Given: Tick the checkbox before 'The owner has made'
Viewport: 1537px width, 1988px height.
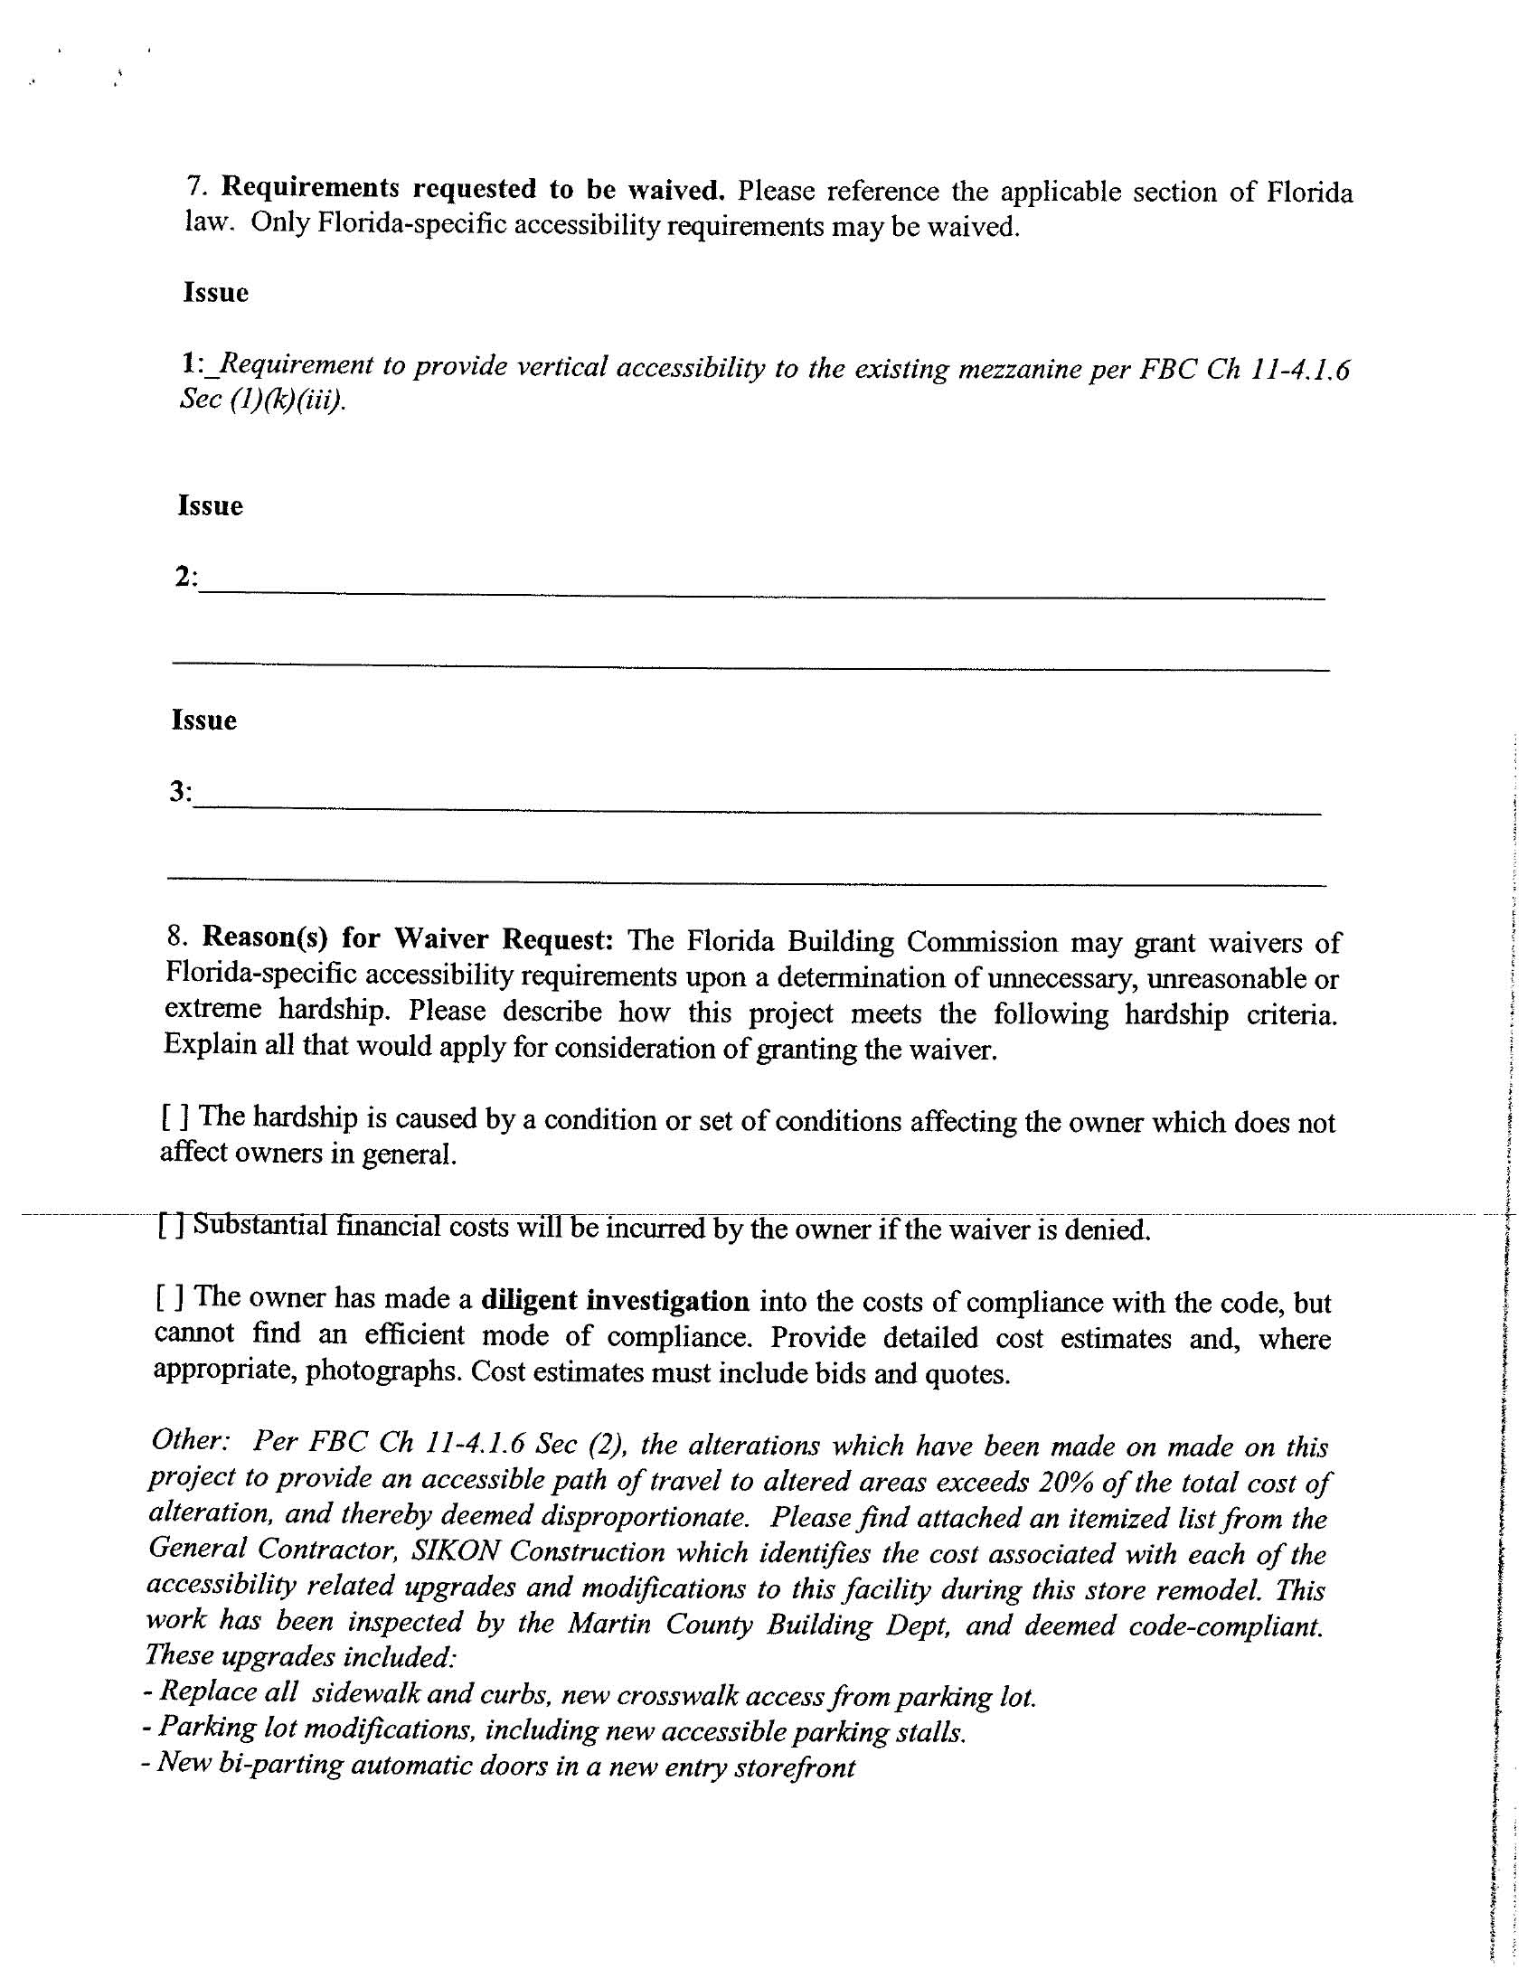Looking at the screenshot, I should pos(169,1296).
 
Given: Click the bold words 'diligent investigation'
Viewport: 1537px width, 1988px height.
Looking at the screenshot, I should pos(615,1301).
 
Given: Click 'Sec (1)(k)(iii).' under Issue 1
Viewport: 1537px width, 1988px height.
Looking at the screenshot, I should pos(262,400).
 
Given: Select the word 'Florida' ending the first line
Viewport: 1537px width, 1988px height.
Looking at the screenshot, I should pos(1307,193).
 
